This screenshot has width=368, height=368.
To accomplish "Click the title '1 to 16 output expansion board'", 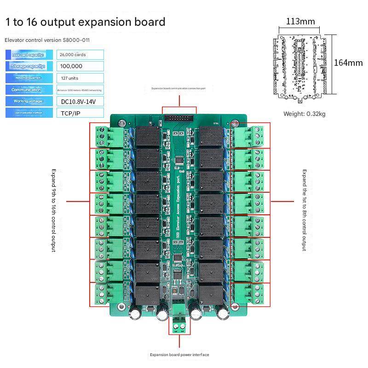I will pyautogui.click(x=85, y=22).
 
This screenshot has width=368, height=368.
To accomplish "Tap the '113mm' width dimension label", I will pyautogui.click(x=300, y=21).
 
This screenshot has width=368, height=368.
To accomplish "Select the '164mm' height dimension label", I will pyautogui.click(x=348, y=63).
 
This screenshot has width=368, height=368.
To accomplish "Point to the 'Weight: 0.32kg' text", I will pyautogui.click(x=304, y=114).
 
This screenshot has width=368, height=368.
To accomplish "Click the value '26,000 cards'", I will pyautogui.click(x=73, y=55).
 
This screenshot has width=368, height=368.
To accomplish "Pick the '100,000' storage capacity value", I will pyautogui.click(x=71, y=66).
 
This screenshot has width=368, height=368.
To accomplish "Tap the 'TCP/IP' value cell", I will pyautogui.click(x=69, y=113).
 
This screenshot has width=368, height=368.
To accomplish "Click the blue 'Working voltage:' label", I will pyautogui.click(x=29, y=101).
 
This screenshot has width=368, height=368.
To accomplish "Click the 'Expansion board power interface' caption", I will pyautogui.click(x=179, y=355).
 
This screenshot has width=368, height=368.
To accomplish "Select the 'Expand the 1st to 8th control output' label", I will pyautogui.click(x=304, y=210).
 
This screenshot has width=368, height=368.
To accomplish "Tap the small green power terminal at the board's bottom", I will pyautogui.click(x=179, y=326).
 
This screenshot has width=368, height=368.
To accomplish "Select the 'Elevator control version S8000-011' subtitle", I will pyautogui.click(x=47, y=40).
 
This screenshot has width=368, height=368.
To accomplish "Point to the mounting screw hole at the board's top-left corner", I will pyautogui.click(x=122, y=123).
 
